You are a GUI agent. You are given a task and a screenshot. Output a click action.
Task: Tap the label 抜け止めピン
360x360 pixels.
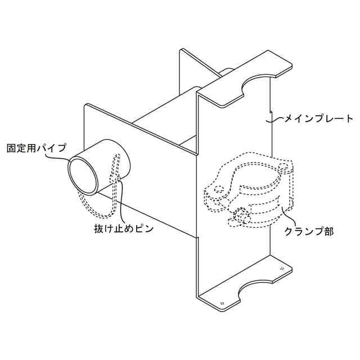(x=123, y=229)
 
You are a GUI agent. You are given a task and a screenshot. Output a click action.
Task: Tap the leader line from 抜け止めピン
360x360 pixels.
(x=119, y=202)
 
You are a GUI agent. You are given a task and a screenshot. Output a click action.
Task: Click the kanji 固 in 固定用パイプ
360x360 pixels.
(x=11, y=150)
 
